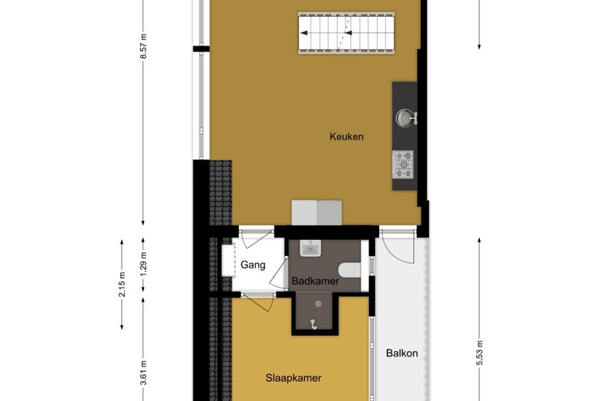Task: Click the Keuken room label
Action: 346,136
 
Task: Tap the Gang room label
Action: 253,265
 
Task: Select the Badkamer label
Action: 315,281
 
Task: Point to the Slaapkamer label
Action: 294,378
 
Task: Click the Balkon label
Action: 401,353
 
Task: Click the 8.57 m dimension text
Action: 143,46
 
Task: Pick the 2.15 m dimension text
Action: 122,285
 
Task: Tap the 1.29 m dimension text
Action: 143,264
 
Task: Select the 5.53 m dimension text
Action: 479,353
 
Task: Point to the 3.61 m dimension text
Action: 143,372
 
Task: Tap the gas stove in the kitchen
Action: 403,164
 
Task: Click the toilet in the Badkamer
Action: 350,270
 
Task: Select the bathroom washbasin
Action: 311,248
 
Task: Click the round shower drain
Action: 318,304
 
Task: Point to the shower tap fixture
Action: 314,325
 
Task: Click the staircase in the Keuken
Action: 346,33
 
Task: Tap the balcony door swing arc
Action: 398,249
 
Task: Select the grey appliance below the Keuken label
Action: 317,213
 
